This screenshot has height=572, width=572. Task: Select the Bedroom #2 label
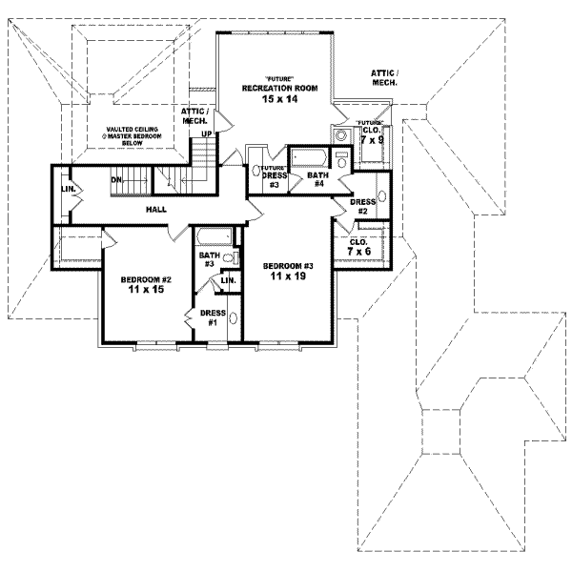click(x=145, y=280)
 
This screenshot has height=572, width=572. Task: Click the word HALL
click(x=158, y=208)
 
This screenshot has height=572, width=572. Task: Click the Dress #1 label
click(x=212, y=318)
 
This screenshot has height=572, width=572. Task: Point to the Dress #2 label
click(x=362, y=206)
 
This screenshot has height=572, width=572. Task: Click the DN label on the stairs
click(x=116, y=179)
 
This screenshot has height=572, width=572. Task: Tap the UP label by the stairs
click(x=206, y=134)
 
